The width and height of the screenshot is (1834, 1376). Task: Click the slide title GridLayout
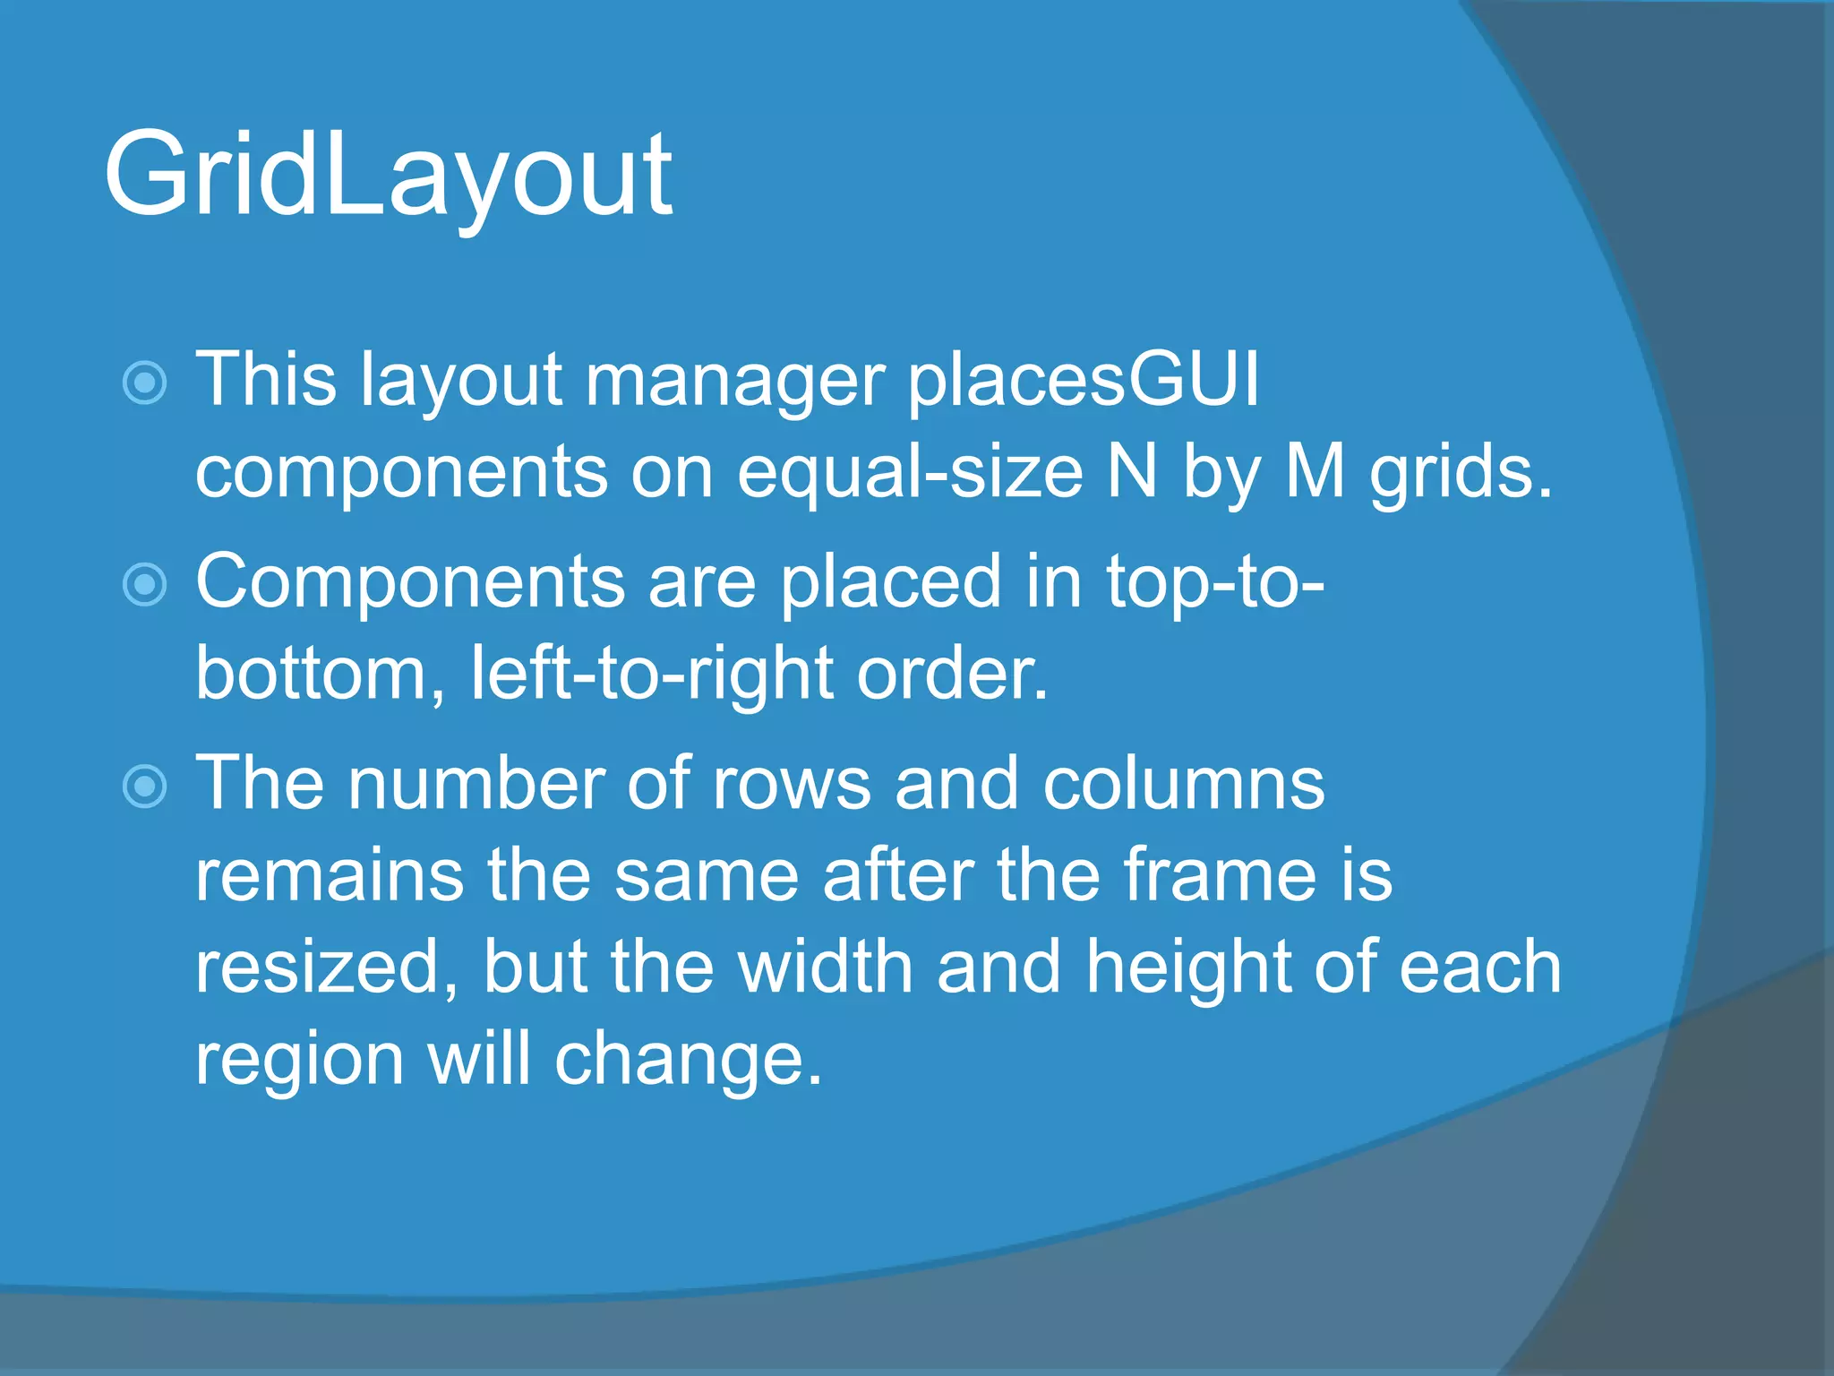387,175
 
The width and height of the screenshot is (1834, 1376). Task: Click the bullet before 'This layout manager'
144,383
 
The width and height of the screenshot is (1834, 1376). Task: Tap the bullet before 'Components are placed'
144,585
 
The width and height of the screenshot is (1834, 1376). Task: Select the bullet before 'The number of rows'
144,787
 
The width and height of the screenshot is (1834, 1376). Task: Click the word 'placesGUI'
1083,381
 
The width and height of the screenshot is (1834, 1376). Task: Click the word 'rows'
792,785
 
